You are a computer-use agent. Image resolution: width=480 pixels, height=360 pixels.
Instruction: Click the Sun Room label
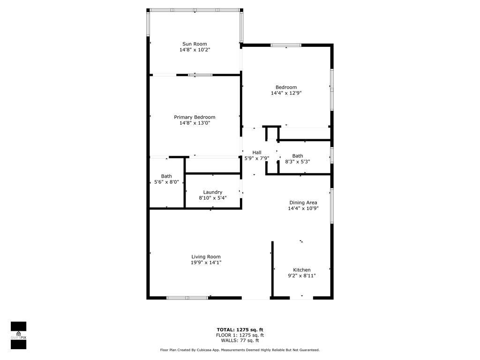tap(195, 44)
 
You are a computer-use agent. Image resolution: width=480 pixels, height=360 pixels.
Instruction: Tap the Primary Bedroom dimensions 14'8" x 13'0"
tap(195, 123)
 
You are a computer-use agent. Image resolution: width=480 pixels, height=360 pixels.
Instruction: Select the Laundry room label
tap(213, 192)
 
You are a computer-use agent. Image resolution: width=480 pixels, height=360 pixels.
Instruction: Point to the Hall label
tap(257, 152)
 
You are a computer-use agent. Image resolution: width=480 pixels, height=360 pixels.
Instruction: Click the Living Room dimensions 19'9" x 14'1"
tap(206, 262)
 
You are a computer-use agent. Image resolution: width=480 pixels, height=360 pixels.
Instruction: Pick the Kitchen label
tap(302, 270)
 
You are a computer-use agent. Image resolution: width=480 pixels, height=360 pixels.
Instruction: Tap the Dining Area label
tap(303, 202)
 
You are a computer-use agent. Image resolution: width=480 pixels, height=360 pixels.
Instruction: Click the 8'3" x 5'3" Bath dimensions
tap(298, 162)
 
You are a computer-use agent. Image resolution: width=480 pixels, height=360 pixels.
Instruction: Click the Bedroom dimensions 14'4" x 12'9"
tap(286, 93)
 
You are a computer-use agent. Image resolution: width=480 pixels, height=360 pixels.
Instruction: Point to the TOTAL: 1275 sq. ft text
tap(240, 330)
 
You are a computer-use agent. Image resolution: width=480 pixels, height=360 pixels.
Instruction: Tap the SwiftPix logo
tap(18, 335)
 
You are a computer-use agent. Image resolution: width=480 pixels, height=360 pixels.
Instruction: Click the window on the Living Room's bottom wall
tap(187, 298)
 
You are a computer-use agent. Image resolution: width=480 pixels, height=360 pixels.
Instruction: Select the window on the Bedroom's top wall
tap(286, 45)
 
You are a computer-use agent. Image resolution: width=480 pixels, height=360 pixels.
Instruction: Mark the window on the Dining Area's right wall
tap(332, 206)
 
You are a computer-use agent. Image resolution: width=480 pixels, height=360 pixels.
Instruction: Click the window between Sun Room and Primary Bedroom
tap(200, 75)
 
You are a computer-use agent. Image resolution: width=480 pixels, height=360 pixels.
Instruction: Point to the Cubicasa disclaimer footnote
tap(240, 350)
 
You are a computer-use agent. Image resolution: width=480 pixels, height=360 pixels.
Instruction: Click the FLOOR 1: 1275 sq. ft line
tap(240, 335)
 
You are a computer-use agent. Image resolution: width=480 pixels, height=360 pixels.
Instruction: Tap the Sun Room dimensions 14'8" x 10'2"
tap(195, 50)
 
